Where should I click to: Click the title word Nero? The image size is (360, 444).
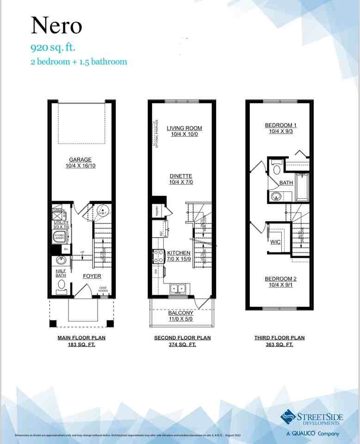[x=56, y=26]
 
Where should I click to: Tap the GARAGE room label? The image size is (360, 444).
[x=80, y=160]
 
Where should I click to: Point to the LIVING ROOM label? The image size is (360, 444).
[x=184, y=128]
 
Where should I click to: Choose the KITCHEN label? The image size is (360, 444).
[x=179, y=253]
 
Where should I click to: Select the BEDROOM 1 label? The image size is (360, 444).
[x=280, y=125]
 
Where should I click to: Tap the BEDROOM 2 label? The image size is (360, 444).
[x=280, y=279]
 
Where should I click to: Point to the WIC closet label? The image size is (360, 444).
[x=275, y=242]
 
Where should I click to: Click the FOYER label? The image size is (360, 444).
[x=92, y=276]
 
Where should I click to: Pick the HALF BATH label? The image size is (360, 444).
[x=61, y=273]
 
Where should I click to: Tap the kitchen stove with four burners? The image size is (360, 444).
[x=158, y=256]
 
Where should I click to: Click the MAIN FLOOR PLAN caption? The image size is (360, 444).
[x=81, y=338]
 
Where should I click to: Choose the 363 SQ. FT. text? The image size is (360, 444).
[x=279, y=345]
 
